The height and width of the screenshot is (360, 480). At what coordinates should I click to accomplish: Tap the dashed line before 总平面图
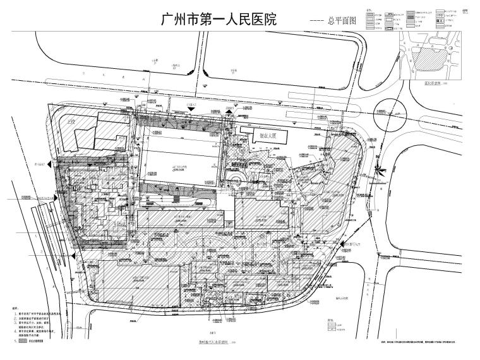pyautogui.click(x=313, y=21)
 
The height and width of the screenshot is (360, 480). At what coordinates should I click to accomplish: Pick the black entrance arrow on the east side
pyautogui.click(x=344, y=244)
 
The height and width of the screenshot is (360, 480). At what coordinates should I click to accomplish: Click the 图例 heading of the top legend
pyautogui.click(x=368, y=11)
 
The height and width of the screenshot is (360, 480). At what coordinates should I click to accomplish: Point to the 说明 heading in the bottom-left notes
pyautogui.click(x=16, y=309)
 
